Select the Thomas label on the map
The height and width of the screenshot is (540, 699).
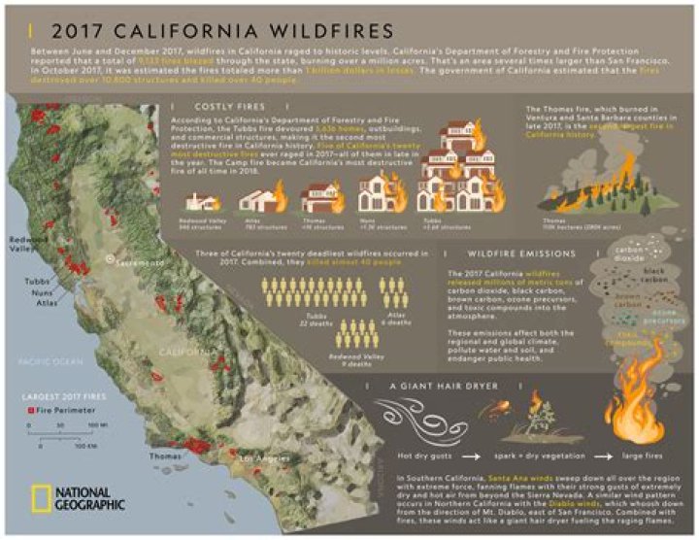pyautogui.click(x=164, y=454)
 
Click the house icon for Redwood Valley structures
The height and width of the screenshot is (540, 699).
pyautogui.click(x=200, y=202)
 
